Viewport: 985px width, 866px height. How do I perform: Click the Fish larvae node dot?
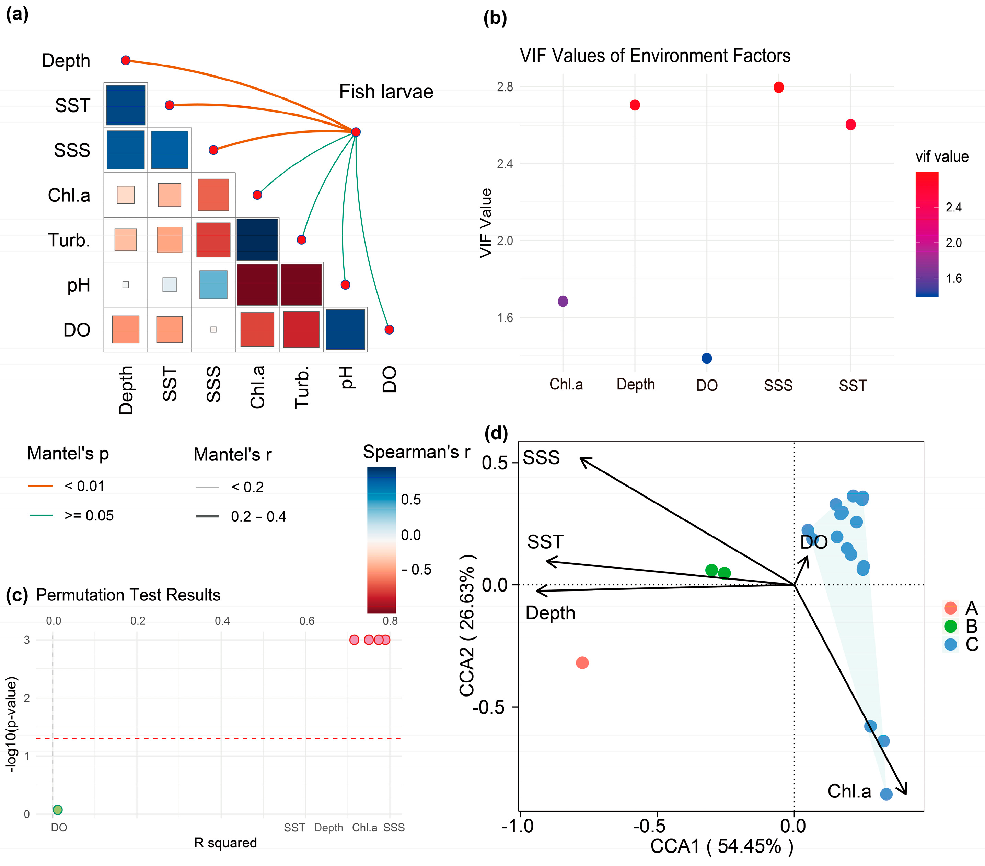[x=356, y=132]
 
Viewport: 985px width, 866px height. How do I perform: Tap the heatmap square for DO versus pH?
[x=345, y=329]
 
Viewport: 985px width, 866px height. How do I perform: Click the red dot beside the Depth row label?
[x=126, y=60]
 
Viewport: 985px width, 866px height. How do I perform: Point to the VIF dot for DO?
[x=706, y=358]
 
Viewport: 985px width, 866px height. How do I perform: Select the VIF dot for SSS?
[x=779, y=87]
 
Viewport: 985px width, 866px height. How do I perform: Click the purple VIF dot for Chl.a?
[x=563, y=302]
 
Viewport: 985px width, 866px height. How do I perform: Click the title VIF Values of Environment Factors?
[x=655, y=56]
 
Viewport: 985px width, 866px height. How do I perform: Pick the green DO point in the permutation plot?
[x=57, y=810]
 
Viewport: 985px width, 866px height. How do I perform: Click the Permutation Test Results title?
[x=128, y=595]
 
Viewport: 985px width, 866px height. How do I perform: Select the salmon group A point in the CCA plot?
[x=582, y=663]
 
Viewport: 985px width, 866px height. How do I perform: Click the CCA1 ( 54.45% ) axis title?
[x=721, y=846]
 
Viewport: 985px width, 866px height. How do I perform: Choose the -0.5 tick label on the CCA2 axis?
[x=490, y=707]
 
